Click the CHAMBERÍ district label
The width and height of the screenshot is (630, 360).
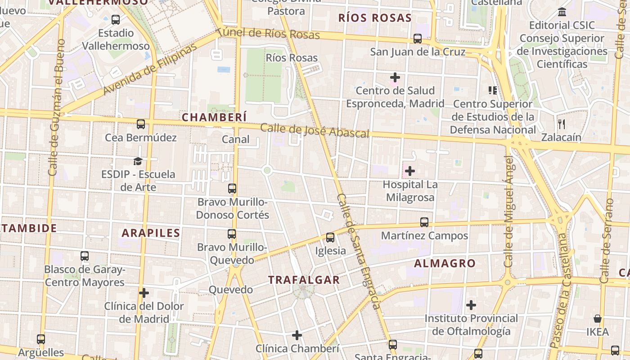214,117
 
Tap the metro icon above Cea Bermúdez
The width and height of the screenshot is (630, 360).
141,124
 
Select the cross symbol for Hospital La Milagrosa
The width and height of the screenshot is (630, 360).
409,171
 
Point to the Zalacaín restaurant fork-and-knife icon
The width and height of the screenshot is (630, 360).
561,124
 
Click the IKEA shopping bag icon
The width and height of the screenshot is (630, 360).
598,319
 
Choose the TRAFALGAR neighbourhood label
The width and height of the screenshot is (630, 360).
304,280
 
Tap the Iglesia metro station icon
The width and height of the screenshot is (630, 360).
330,238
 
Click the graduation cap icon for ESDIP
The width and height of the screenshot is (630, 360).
138,161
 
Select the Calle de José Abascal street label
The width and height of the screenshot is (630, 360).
315,130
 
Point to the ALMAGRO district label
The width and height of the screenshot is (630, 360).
445,264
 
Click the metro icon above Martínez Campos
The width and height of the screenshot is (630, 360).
424,222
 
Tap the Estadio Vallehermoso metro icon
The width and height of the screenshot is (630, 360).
116,20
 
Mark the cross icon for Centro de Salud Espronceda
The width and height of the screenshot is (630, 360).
395,77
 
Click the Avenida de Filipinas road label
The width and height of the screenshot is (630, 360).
150,69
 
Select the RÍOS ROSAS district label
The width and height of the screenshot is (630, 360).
375,18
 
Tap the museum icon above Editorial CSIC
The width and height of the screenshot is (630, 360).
562,12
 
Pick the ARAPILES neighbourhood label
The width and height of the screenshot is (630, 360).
151,233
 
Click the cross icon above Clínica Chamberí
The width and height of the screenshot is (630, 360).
297,335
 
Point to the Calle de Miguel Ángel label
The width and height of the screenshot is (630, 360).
508,211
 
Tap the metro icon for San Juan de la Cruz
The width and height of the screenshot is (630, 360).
418,39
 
